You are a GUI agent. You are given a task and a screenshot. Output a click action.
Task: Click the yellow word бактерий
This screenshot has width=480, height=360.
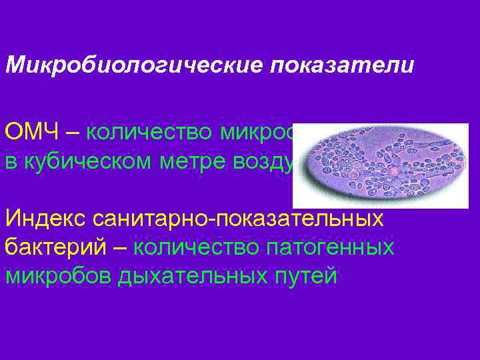[57, 247]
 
